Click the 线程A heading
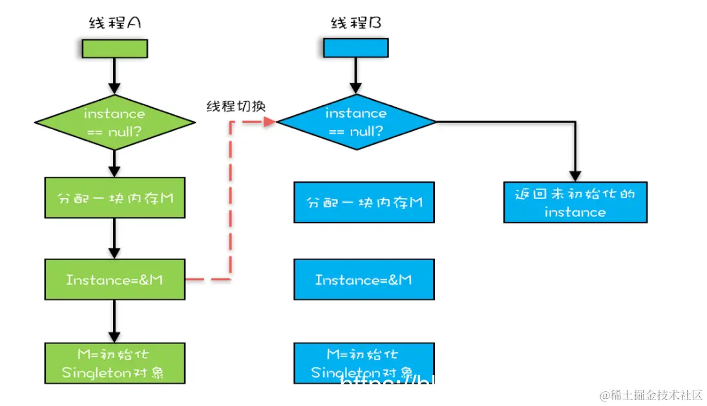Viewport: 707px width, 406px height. (114, 23)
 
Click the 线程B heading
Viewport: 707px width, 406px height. (355, 23)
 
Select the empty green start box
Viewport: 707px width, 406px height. (114, 48)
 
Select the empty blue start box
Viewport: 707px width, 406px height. (355, 48)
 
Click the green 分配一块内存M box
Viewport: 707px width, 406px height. (114, 198)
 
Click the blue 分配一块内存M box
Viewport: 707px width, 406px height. (364, 202)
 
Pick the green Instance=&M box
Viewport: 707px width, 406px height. (114, 279)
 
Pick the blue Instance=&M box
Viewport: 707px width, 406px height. (364, 279)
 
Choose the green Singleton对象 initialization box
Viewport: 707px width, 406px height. (114, 363)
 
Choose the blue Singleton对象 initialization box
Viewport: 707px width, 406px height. (364, 363)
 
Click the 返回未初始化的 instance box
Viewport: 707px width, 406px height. (575, 202)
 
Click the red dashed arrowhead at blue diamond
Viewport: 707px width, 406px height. (270, 121)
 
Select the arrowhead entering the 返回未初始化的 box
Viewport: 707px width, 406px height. (575, 176)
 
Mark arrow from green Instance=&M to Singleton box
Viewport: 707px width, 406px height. (114, 320)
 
